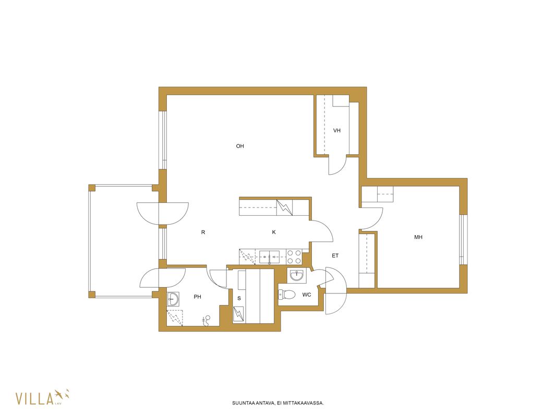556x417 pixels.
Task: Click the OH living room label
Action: (x=240, y=146)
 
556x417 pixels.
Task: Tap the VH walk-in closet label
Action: (x=337, y=130)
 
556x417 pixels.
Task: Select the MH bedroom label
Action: (x=418, y=237)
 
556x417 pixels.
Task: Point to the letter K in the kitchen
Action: (x=274, y=232)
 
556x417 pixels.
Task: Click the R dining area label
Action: (x=203, y=232)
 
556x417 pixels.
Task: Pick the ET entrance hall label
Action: (x=335, y=255)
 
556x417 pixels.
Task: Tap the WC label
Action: (x=307, y=295)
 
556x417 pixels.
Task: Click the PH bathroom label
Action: (x=198, y=297)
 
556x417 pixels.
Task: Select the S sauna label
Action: (x=239, y=298)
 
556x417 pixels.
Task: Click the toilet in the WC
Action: (x=287, y=294)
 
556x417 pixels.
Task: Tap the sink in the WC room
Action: (x=296, y=275)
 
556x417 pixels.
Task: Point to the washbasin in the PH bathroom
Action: (x=173, y=299)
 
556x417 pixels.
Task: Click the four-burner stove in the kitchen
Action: (x=294, y=257)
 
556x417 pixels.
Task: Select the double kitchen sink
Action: (x=269, y=256)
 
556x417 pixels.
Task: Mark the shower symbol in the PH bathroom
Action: (x=207, y=320)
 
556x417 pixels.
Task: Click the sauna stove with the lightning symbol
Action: (x=239, y=314)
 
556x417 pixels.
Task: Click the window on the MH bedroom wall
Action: (x=462, y=239)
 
